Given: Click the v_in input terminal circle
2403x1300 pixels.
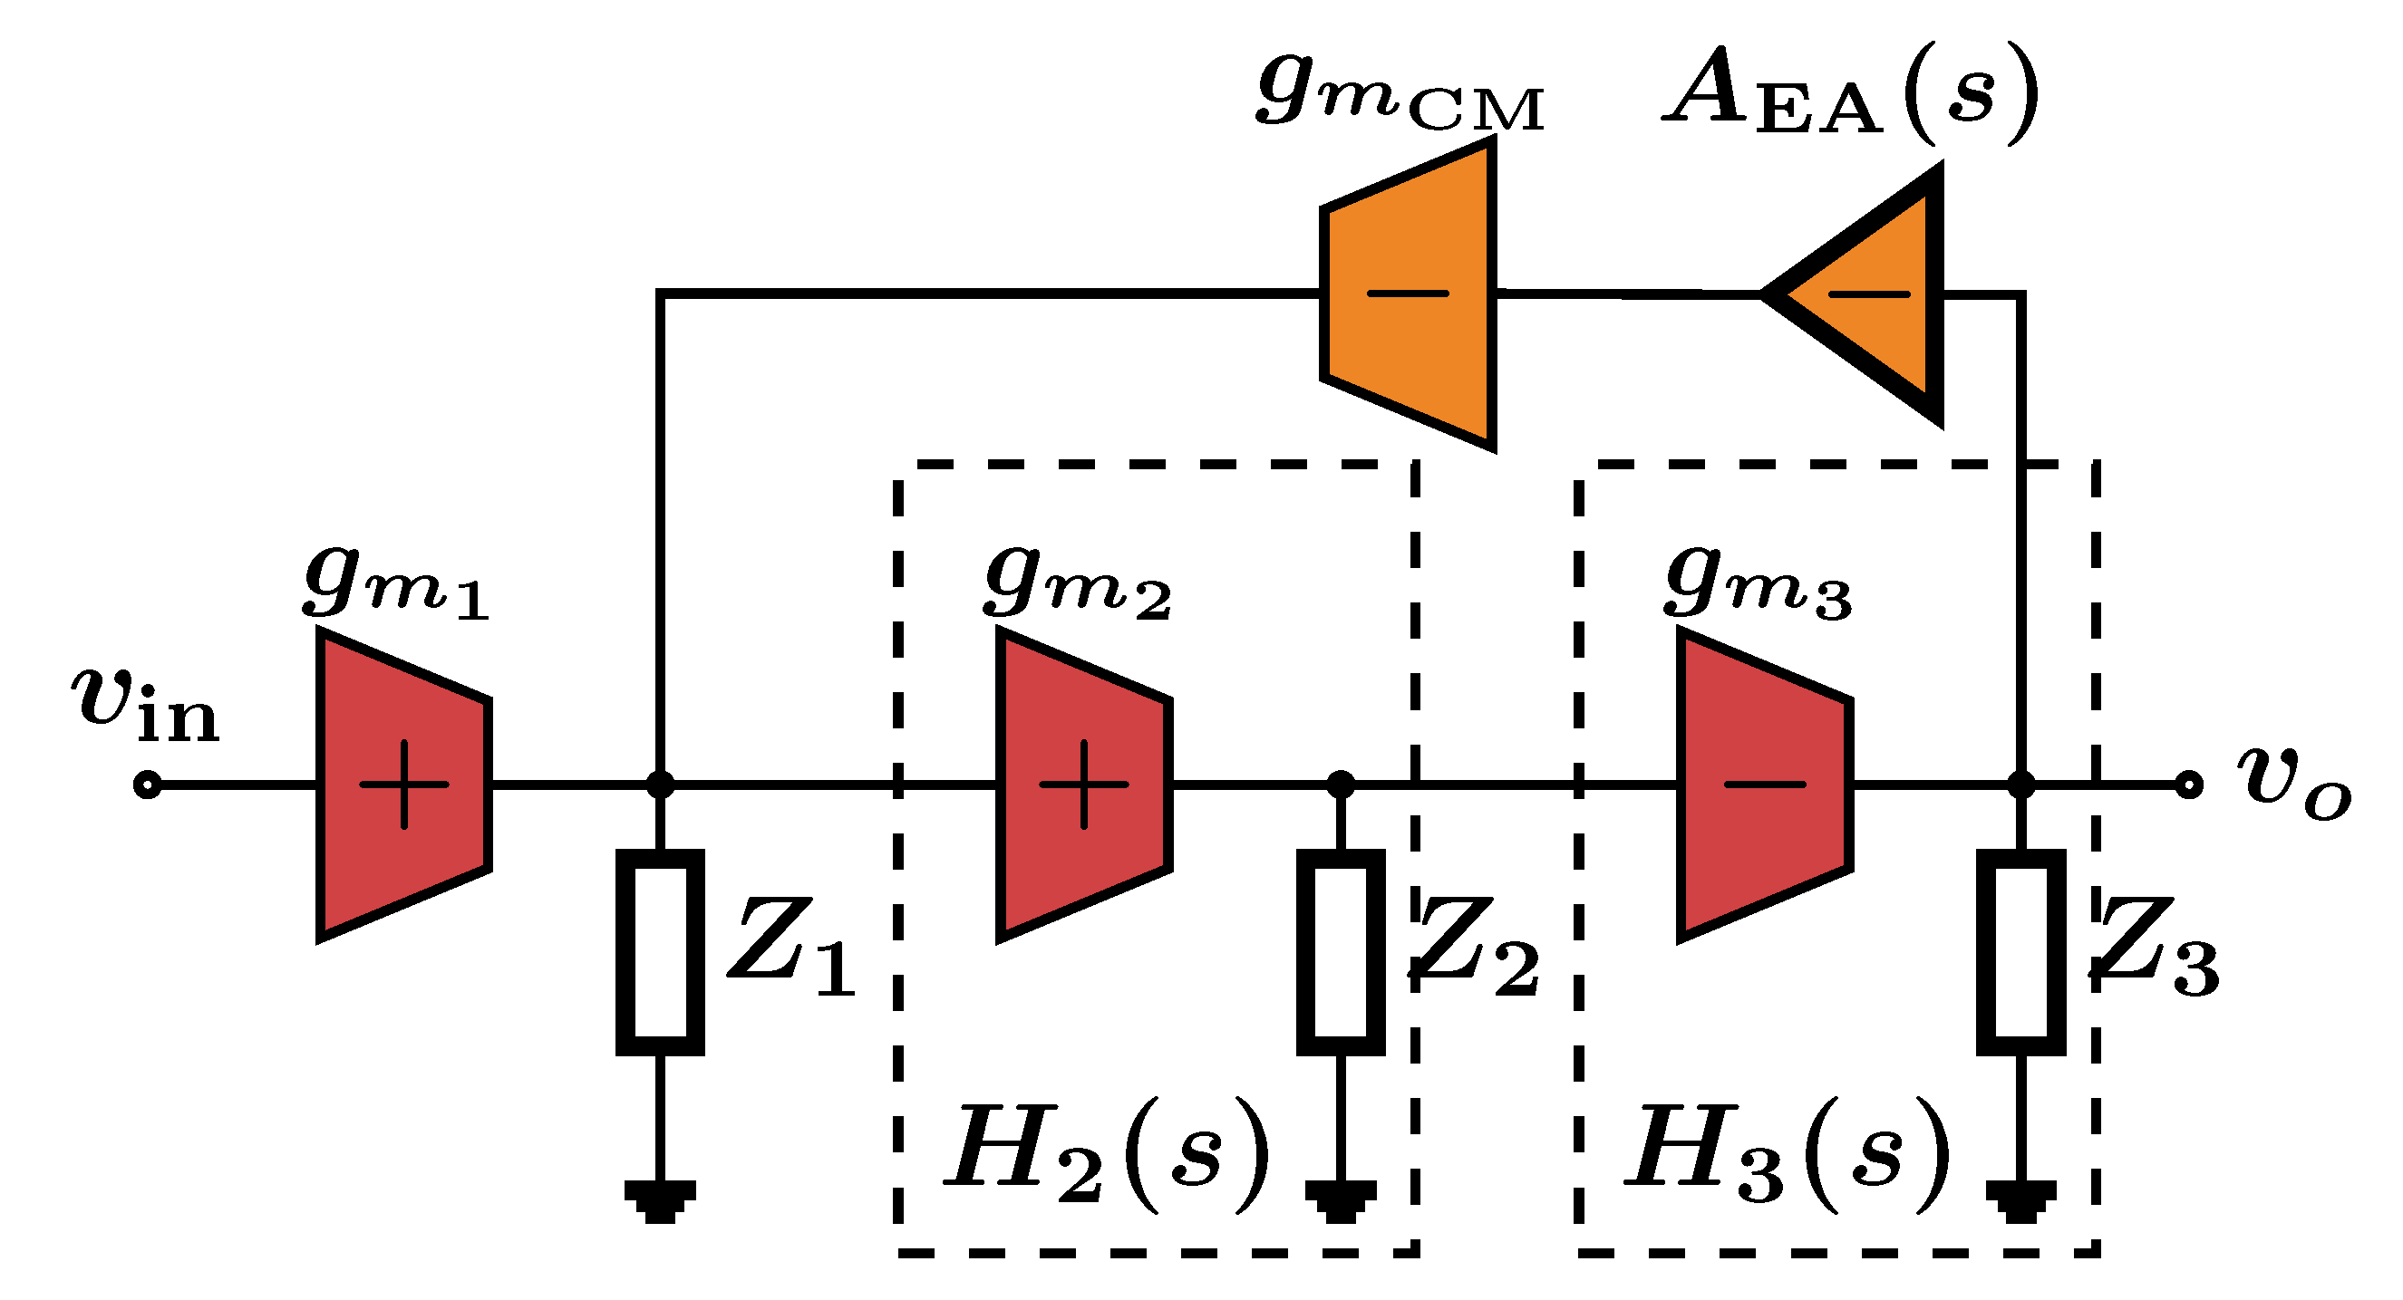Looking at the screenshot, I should (x=148, y=785).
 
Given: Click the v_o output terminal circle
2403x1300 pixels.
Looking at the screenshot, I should (x=2188, y=785).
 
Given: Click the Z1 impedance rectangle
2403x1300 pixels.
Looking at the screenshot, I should (x=660, y=952).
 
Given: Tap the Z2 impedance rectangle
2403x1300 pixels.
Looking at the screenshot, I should (x=1341, y=952).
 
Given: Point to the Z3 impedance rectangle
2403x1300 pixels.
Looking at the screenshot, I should (x=2020, y=952).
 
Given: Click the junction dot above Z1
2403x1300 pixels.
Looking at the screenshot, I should (x=660, y=785).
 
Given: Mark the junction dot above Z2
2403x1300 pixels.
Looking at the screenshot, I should (x=1341, y=785).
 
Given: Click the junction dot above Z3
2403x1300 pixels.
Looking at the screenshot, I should (x=2020, y=785).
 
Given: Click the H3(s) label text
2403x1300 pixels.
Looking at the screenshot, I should (x=1789, y=1156).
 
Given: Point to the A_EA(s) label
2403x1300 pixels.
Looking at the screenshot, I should (x=1852, y=93).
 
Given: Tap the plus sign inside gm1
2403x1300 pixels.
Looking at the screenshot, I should (x=404, y=785).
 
